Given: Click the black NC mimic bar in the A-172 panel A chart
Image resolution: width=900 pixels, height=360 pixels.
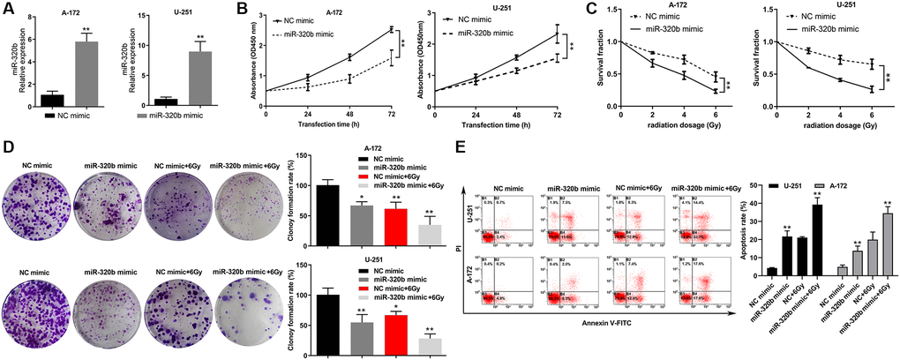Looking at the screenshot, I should click(x=52, y=100).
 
